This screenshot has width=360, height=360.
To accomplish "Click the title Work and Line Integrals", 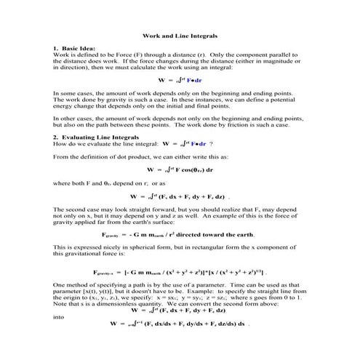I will (x=179, y=34).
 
